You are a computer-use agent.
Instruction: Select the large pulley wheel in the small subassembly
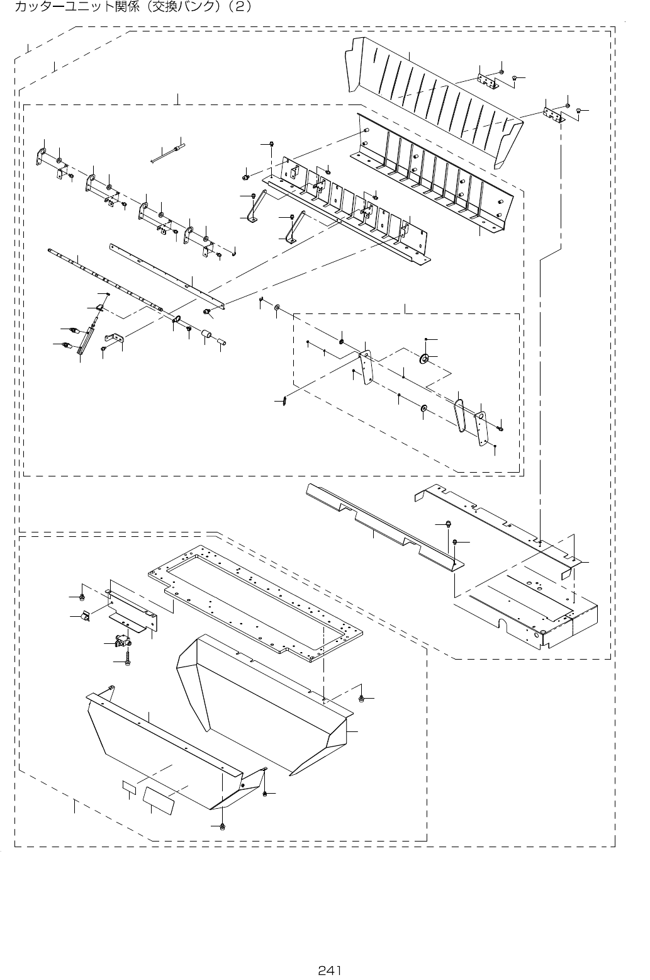(425, 359)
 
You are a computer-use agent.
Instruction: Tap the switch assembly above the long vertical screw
(120, 642)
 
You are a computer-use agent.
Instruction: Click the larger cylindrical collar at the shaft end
(206, 335)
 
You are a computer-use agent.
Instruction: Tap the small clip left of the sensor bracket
(84, 615)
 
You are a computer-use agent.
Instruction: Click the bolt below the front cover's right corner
(223, 825)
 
